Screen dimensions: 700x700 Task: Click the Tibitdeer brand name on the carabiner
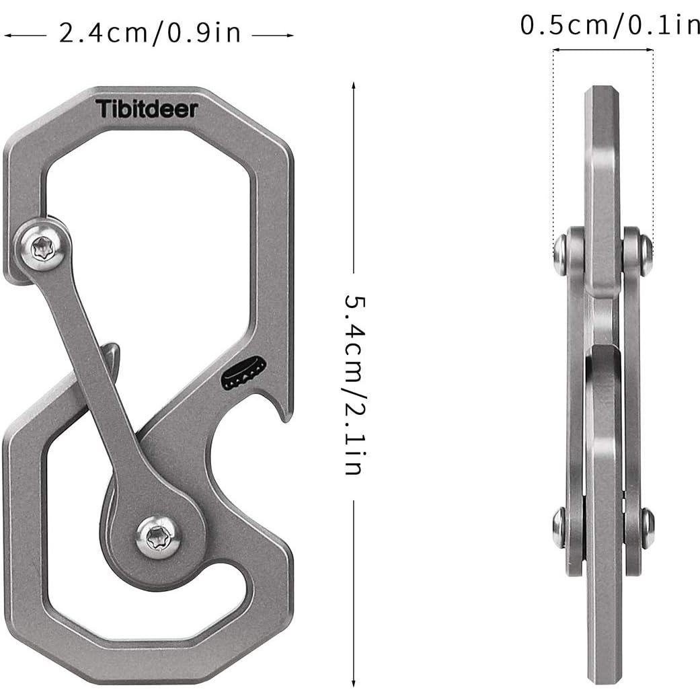click(x=147, y=108)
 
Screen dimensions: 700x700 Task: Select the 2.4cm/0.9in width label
click(x=149, y=33)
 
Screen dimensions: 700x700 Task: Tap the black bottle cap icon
click(x=243, y=373)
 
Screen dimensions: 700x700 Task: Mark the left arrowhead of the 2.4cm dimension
click(x=7, y=34)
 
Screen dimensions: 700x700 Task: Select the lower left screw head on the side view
click(x=559, y=528)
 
